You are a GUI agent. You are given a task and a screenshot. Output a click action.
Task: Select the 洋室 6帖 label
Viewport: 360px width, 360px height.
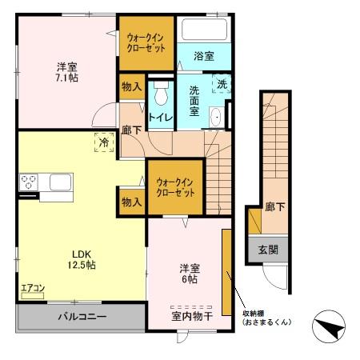(189, 274)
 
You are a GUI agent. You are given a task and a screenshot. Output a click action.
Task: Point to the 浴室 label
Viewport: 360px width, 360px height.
(204, 56)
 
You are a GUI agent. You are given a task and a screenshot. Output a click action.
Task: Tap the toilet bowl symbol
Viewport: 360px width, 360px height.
(161, 95)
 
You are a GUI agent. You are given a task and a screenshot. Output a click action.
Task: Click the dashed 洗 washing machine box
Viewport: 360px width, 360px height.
(219, 82)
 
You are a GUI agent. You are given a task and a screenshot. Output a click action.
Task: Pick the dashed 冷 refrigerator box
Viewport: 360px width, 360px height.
(102, 142)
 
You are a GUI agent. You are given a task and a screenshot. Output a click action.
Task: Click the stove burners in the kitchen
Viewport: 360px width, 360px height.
(29, 182)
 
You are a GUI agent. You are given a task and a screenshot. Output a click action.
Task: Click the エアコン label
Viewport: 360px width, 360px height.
(33, 288)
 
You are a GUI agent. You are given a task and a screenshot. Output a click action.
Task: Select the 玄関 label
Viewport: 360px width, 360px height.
(268, 249)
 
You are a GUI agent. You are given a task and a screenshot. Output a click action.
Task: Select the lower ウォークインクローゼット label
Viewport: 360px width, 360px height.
(174, 186)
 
